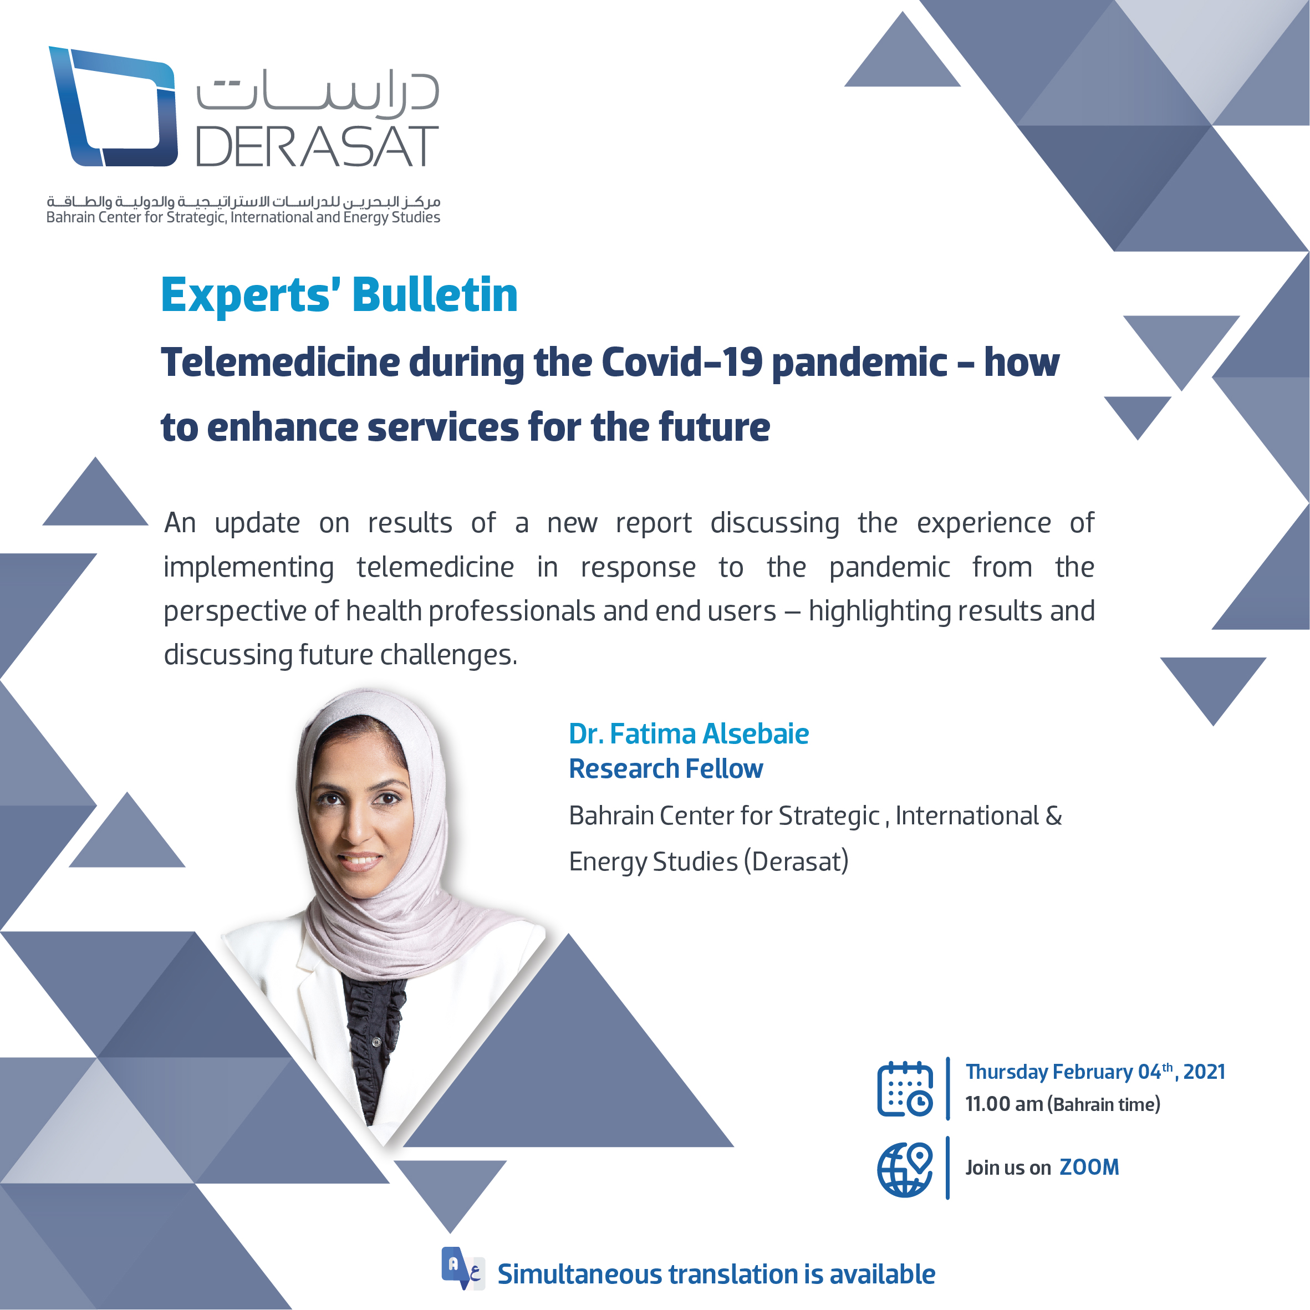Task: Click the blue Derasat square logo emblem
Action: point(114,106)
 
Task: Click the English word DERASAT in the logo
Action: point(317,146)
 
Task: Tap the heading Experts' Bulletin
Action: point(339,295)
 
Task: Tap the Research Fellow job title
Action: point(666,769)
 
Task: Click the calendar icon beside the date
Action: point(905,1089)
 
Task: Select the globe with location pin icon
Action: point(905,1169)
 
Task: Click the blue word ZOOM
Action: point(1089,1168)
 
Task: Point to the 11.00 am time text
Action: point(1004,1104)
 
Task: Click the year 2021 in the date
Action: point(1204,1072)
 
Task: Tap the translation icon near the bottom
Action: point(462,1268)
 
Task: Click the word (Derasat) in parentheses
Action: point(796,862)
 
